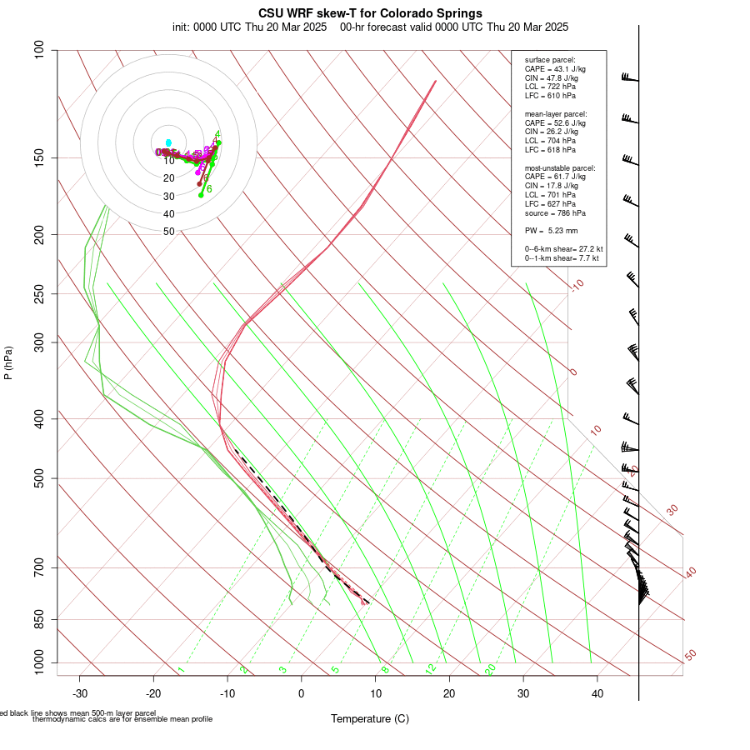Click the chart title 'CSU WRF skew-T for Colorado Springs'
370,13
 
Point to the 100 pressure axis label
38,50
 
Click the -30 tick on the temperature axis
80,693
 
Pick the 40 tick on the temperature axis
597,693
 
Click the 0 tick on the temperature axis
302,693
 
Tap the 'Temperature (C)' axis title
369,718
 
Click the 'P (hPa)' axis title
8,363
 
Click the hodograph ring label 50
169,232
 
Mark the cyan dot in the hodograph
169,142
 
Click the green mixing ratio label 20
491,669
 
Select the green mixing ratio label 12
431,669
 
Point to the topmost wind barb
630,78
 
